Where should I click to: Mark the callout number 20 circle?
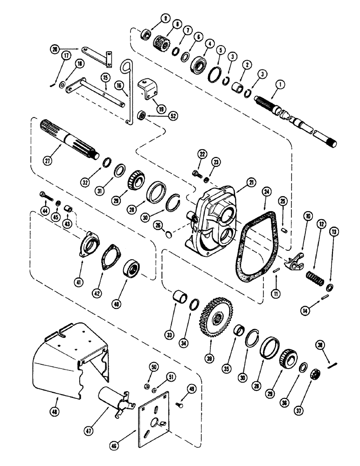tap(55, 48)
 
